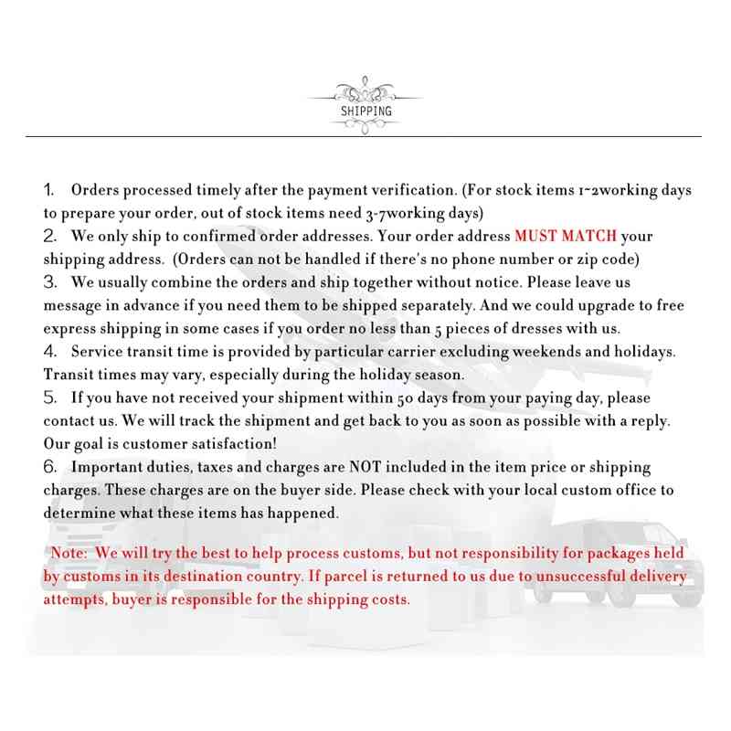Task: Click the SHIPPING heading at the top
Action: pos(365,111)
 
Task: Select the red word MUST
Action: pos(539,237)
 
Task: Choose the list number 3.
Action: pos(51,282)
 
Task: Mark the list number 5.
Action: pos(51,398)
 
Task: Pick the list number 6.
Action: pos(51,467)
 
